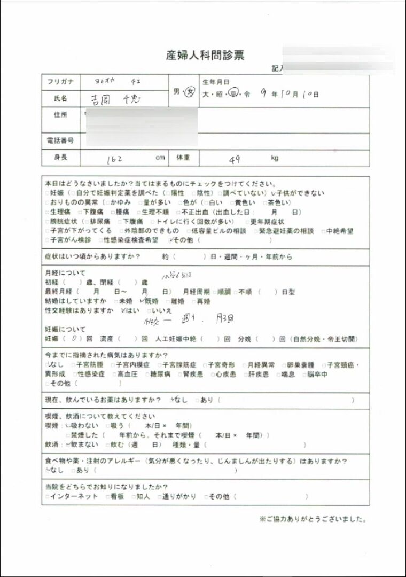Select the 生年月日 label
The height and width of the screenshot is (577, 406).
(216, 82)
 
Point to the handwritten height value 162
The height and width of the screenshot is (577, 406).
(114, 159)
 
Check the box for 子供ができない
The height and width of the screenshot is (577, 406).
(274, 193)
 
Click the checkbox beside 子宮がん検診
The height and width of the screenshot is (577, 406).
(47, 240)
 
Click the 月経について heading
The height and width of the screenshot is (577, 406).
(66, 272)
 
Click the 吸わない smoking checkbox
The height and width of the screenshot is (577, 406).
(67, 426)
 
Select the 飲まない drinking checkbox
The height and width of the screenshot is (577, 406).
(67, 445)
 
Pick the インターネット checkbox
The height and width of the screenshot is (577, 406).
(47, 497)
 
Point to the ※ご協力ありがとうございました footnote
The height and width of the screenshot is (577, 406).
(313, 519)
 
